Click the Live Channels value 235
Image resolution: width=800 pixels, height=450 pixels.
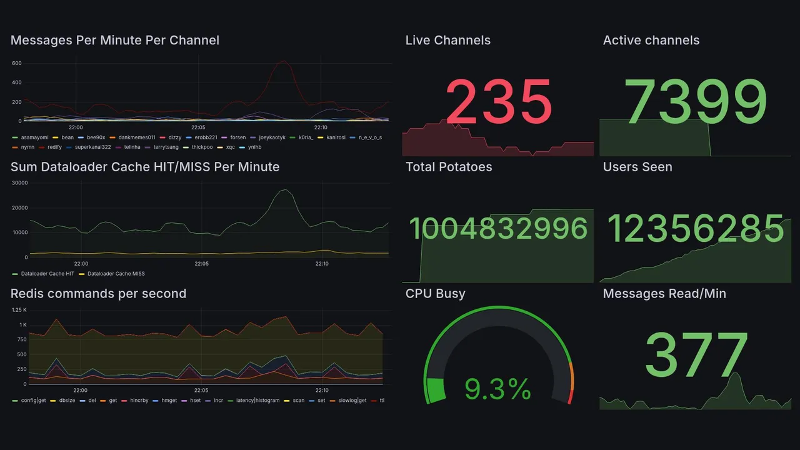pos(499,102)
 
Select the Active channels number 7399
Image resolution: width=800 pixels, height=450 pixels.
pos(696,102)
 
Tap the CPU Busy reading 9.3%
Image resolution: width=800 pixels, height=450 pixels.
pos(497,389)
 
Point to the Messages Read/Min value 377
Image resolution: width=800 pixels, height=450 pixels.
pos(696,356)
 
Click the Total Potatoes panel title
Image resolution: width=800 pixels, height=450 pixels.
pos(448,167)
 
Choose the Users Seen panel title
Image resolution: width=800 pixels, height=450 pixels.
pos(637,167)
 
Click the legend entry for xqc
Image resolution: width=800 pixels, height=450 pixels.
pos(230,147)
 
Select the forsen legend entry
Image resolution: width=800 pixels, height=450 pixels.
pos(237,137)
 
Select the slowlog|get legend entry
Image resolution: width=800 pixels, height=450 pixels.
pos(353,400)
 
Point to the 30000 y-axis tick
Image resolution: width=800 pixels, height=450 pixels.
pos(19,183)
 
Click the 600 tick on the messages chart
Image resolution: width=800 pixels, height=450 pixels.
pos(17,63)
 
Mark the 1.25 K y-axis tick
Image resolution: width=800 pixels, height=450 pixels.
pos(19,310)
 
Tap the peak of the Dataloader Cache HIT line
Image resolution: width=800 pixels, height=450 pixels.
pos(285,190)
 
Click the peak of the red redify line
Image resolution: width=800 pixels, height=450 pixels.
pos(284,61)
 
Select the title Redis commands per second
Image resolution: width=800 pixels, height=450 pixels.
pos(98,294)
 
